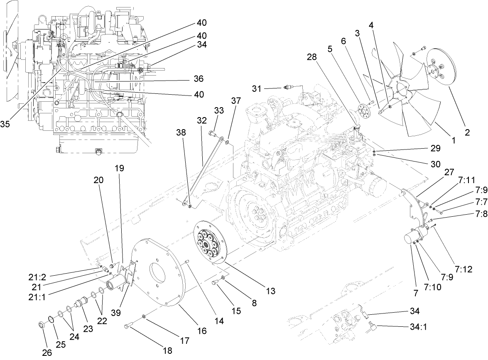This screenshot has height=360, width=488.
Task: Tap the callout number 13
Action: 270,291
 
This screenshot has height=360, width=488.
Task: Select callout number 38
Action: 181,133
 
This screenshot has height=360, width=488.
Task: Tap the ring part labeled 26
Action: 42,325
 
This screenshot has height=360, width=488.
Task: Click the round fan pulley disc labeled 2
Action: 441,68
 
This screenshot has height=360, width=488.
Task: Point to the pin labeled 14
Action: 186,262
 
